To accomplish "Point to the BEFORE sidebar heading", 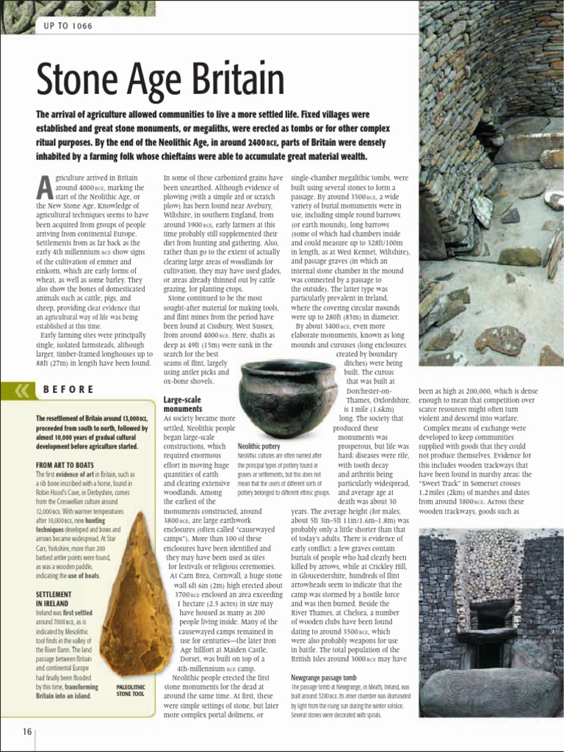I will pyautogui.click(x=68, y=389).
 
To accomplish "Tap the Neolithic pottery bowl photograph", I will pyautogui.click(x=287, y=397).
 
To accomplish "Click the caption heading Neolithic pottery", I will pyautogui.click(x=259, y=446).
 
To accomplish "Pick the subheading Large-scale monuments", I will pyautogui.click(x=183, y=404).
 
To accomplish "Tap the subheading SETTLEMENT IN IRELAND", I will pyautogui.click(x=54, y=599).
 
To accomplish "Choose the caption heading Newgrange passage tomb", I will pyautogui.click(x=323, y=677).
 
